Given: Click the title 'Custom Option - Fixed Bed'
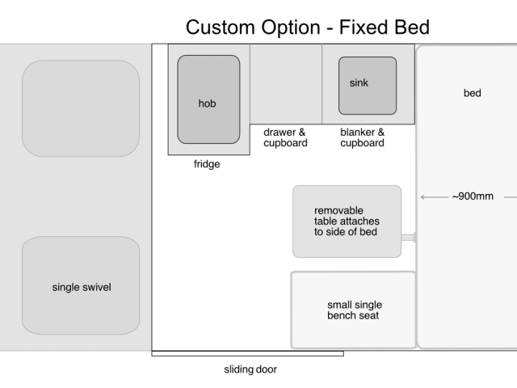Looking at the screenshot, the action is tap(308, 27).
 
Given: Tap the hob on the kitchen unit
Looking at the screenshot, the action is tap(208, 99).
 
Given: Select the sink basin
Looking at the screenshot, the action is tap(368, 86).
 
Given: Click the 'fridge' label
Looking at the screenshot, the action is tap(207, 164).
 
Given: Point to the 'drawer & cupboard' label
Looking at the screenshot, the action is tap(285, 137).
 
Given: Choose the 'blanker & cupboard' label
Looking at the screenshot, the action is tap(363, 137).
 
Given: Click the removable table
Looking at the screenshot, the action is tap(347, 221).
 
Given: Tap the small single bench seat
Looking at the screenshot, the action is tap(354, 310).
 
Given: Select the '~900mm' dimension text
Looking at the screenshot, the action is tap(473, 196).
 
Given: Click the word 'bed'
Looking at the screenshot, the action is tap(472, 93).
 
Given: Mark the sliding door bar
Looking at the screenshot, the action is tap(248, 354).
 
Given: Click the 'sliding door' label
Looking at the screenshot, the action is tap(250, 369).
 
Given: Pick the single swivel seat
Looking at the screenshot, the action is tap(81, 285).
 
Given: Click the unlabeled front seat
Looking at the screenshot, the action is tap(81, 108).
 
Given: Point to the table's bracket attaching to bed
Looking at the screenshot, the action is tap(408, 238).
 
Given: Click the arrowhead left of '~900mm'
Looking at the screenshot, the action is tap(422, 197).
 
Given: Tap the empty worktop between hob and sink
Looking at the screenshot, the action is tap(286, 84).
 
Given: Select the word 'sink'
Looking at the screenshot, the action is tap(359, 82).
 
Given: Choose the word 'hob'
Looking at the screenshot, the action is tap(207, 103).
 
